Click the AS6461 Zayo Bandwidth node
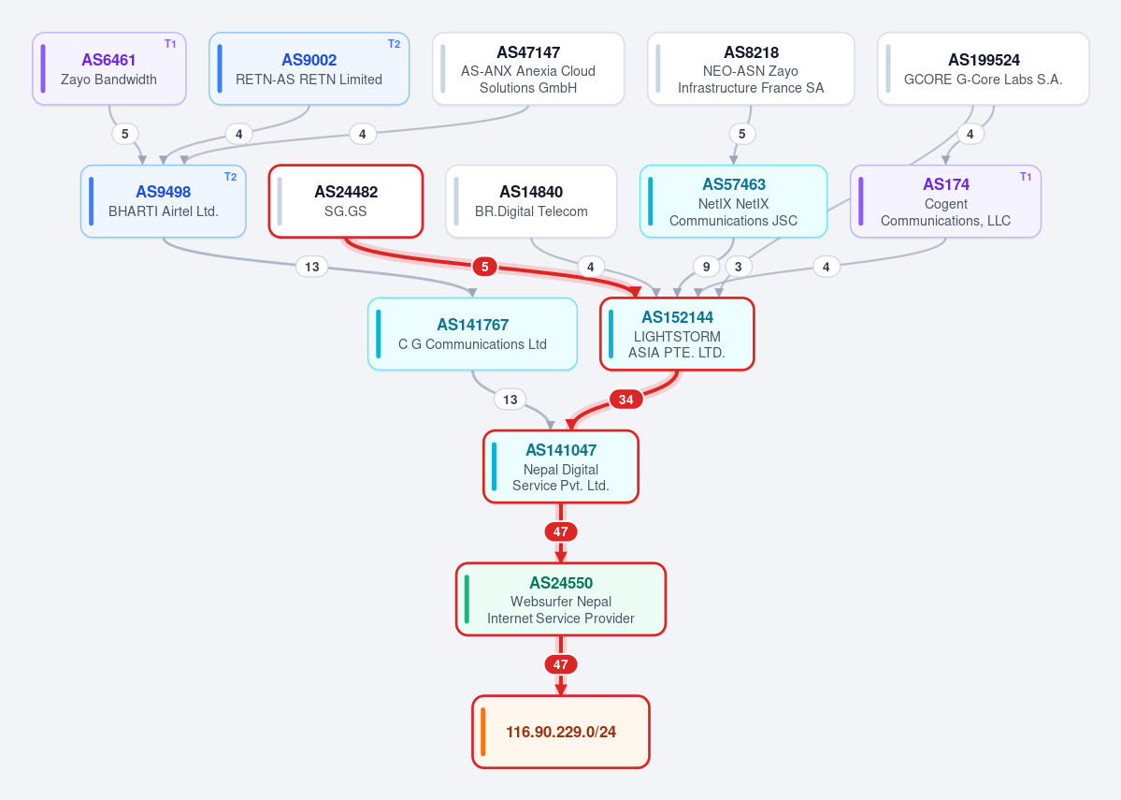point(109,68)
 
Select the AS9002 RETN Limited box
point(309,68)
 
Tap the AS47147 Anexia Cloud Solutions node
point(528,68)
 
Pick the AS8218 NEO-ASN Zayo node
point(751,68)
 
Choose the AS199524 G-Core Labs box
point(983,68)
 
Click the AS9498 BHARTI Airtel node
point(163,201)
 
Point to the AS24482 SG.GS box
point(346,201)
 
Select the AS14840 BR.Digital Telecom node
point(531,201)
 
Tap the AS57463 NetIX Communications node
point(734,201)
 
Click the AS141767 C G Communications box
point(472,333)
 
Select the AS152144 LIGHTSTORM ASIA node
point(677,333)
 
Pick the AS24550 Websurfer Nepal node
point(561,599)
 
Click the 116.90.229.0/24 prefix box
point(561,732)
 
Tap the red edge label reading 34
point(626,400)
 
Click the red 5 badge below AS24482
point(484,267)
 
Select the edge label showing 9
point(706,267)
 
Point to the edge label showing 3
point(739,267)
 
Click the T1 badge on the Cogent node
point(1026,177)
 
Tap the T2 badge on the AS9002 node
point(394,44)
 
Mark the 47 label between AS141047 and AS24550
point(561,531)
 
